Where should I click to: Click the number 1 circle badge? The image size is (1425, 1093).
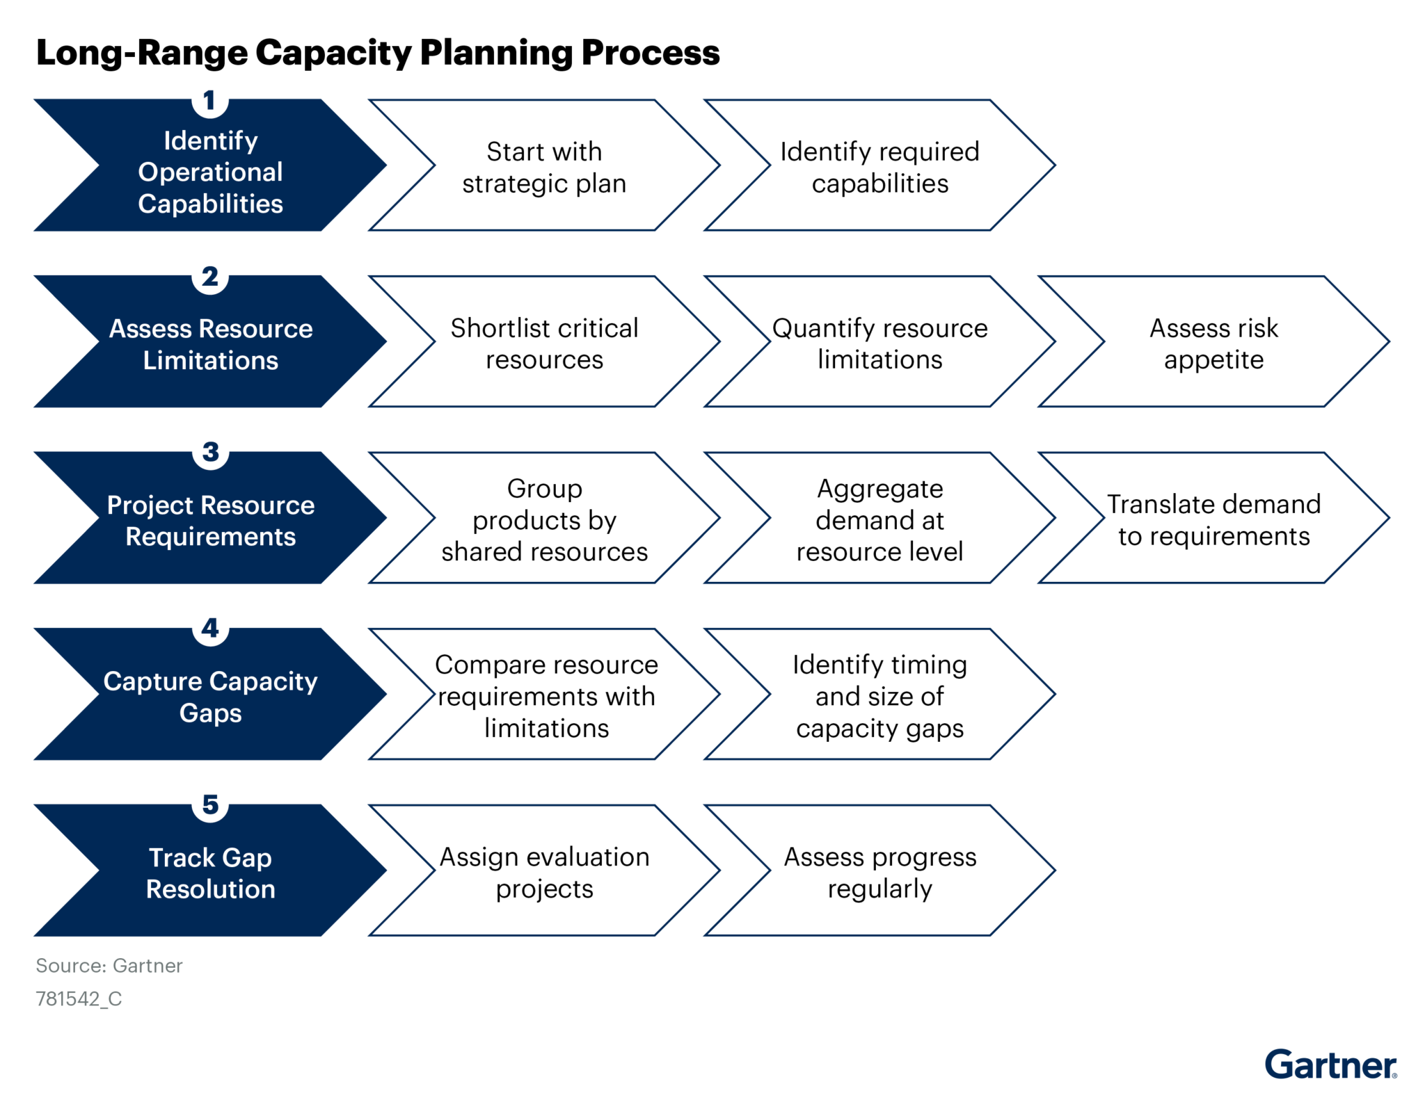pyautogui.click(x=209, y=102)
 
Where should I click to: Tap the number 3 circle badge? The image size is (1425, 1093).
pyautogui.click(x=210, y=453)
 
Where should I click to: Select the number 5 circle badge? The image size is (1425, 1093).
pyautogui.click(x=210, y=805)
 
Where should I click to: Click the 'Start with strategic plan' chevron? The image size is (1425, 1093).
pyautogui.click(x=544, y=167)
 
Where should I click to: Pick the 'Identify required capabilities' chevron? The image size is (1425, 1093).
pyautogui.click(x=879, y=167)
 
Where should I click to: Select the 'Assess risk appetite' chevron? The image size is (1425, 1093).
pyautogui.click(x=1213, y=343)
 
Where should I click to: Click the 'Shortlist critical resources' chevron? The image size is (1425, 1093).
pyautogui.click(x=544, y=343)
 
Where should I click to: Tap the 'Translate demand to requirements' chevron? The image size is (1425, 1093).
pyautogui.click(x=1213, y=519)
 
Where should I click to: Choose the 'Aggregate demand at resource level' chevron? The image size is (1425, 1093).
pyautogui.click(x=879, y=519)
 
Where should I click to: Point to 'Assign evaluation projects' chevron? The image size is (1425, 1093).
pyautogui.click(x=544, y=872)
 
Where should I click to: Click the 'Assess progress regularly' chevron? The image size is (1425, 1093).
pyautogui.click(x=879, y=872)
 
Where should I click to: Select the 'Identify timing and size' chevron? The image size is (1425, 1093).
pyautogui.click(x=879, y=695)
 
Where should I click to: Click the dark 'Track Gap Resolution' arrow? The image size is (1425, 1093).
pyautogui.click(x=210, y=873)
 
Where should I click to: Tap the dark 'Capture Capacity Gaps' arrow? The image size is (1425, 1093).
pyautogui.click(x=210, y=696)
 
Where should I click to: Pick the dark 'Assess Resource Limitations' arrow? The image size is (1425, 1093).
pyautogui.click(x=210, y=343)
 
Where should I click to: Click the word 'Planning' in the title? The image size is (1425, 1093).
pyautogui.click(x=497, y=54)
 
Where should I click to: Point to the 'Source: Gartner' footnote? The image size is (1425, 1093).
pyautogui.click(x=109, y=966)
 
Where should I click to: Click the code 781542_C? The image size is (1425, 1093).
pyautogui.click(x=79, y=999)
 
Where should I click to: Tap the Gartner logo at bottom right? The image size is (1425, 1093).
pyautogui.click(x=1330, y=1064)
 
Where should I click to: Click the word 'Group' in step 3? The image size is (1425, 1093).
pyautogui.click(x=544, y=488)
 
